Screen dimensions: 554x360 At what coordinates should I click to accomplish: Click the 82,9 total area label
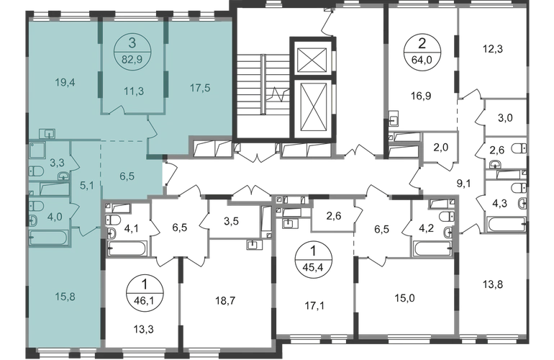click(x=132, y=59)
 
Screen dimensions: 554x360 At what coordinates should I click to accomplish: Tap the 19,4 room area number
click(x=65, y=83)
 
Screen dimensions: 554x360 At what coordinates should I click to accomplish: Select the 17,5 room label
click(x=200, y=87)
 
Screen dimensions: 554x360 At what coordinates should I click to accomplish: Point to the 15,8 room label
click(x=65, y=297)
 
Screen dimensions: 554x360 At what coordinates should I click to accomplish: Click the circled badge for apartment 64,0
click(x=422, y=52)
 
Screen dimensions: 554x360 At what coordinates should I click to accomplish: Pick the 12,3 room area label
click(x=493, y=49)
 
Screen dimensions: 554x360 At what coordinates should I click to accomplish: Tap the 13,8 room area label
click(x=493, y=284)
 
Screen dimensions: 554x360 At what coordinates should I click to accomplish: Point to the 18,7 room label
click(x=225, y=301)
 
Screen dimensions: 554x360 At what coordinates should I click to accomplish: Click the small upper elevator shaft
click(x=312, y=60)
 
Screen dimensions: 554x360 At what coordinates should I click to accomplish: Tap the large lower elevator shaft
click(x=312, y=108)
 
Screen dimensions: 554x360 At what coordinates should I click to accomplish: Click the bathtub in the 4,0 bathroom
click(x=48, y=238)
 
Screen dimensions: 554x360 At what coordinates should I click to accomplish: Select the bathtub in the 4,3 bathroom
click(x=507, y=224)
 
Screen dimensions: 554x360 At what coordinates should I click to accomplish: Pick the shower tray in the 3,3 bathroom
click(x=37, y=150)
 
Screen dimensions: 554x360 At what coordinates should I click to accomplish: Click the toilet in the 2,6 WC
click(x=519, y=148)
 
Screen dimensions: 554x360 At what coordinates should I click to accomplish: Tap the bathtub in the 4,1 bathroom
click(x=127, y=248)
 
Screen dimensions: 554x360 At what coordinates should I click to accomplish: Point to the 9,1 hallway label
click(x=463, y=184)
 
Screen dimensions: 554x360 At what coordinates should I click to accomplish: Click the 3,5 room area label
click(x=231, y=221)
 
